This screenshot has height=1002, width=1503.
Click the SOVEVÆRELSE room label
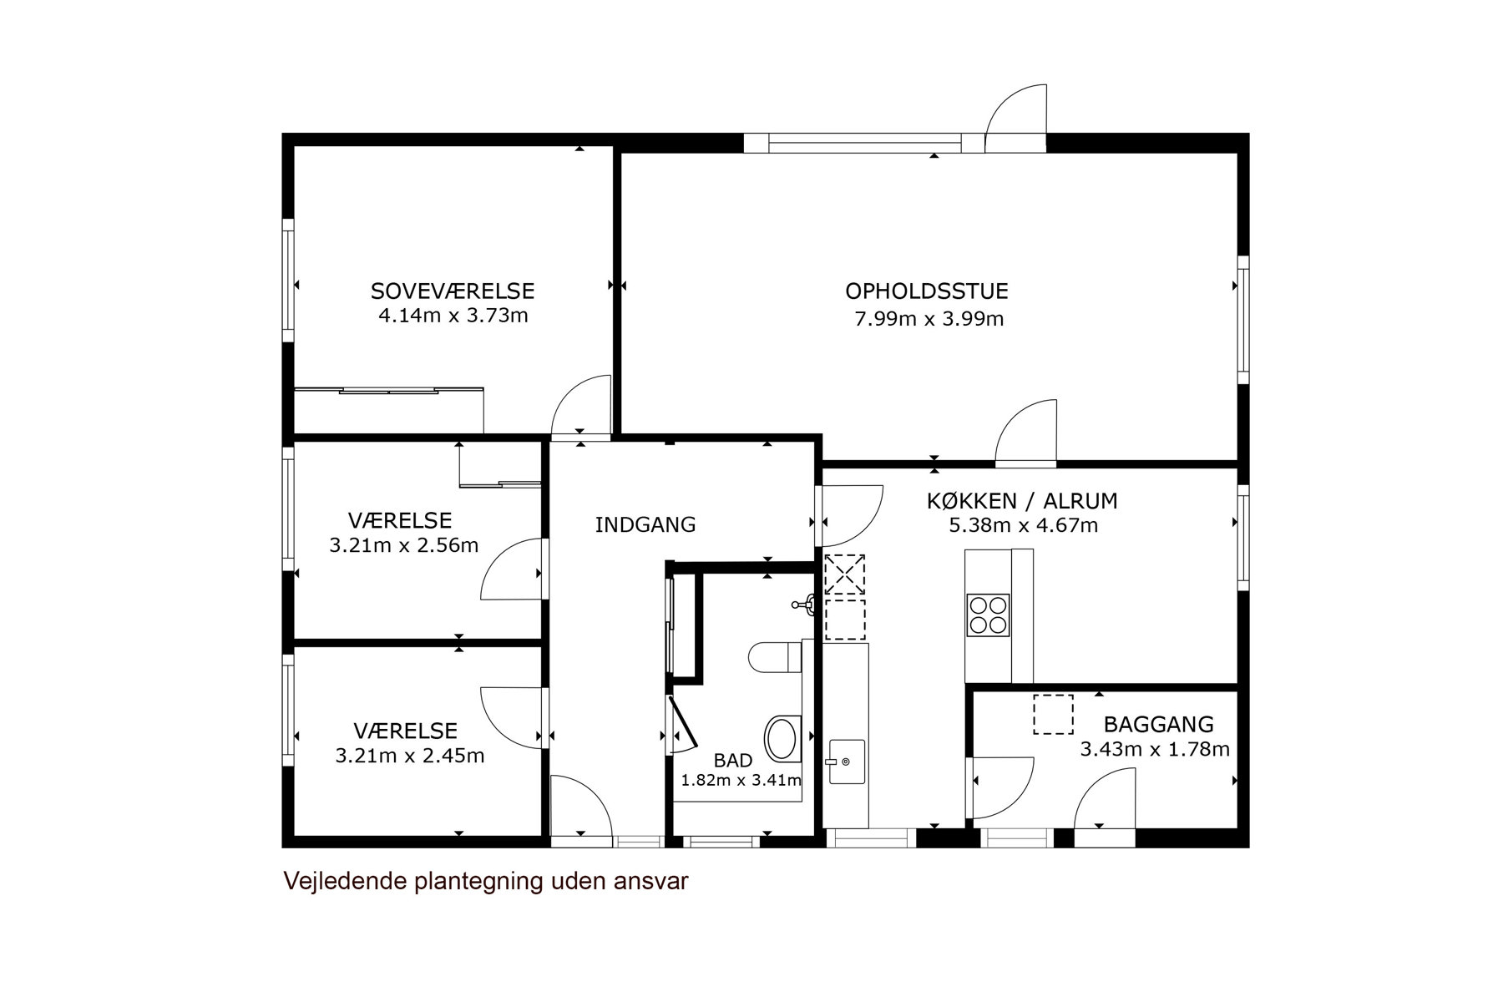[x=453, y=291]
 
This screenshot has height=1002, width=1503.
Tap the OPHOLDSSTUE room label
[x=927, y=291]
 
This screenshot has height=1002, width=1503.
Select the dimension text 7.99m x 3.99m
[x=929, y=319]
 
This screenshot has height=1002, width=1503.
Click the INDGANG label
[x=645, y=525]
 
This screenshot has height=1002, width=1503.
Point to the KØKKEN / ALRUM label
[x=1022, y=501]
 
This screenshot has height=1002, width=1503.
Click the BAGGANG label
[x=1159, y=725]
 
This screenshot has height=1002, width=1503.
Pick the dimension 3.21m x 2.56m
[x=404, y=546]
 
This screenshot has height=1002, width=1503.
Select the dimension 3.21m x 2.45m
[x=410, y=757]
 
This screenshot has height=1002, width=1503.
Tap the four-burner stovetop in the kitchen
[x=989, y=615]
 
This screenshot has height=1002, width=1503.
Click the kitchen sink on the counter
[x=846, y=762]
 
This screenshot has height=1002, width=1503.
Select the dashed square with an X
[x=844, y=574]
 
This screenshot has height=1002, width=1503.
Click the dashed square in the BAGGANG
[x=1053, y=715]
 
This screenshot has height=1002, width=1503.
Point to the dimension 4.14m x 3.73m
[x=453, y=316]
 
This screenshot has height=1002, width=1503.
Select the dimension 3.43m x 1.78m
[x=1155, y=750]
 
